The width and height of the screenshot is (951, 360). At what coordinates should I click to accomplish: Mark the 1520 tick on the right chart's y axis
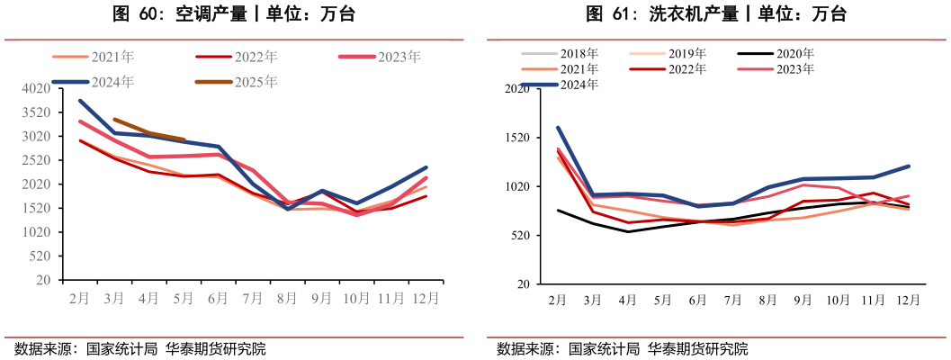[516, 138]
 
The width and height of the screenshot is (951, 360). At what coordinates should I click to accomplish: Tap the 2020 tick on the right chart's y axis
[516, 89]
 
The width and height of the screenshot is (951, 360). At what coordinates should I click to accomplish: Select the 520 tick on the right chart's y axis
[518, 236]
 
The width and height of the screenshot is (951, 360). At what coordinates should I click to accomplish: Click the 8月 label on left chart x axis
[287, 298]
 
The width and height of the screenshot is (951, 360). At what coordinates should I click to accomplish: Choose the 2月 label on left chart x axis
[79, 298]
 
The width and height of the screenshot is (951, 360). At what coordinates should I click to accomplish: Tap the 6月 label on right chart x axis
[697, 301]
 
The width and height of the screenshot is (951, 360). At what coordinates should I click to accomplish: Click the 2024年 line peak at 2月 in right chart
[558, 128]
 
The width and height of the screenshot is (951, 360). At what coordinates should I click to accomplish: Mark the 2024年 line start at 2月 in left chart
[80, 101]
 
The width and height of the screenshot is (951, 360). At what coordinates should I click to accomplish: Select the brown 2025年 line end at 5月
[184, 139]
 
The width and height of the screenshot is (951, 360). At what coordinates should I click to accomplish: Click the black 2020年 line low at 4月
[627, 231]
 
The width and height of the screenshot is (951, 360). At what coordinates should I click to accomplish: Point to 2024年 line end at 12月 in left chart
[426, 167]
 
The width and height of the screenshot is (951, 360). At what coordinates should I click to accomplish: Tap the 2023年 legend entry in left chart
[399, 57]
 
